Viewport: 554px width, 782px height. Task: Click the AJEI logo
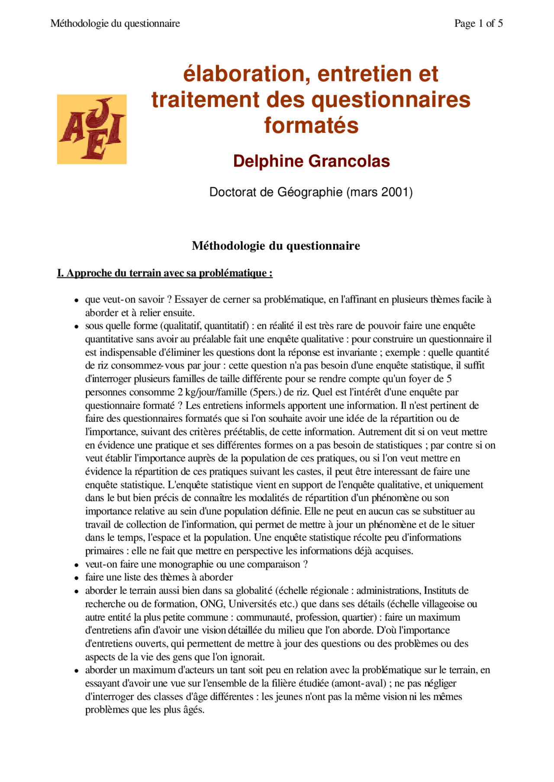tap(92, 129)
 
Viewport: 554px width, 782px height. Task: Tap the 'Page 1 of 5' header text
tap(478, 23)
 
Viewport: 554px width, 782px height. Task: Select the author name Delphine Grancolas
tap(311, 161)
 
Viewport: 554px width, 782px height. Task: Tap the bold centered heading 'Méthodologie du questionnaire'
tap(276, 246)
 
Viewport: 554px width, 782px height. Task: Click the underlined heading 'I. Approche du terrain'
tap(164, 273)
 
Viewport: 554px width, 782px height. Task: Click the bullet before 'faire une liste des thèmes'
tap(76, 578)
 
